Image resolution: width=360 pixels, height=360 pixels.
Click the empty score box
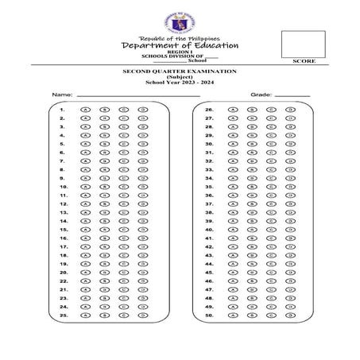coord(303,44)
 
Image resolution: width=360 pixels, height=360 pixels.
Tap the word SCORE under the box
coord(303,61)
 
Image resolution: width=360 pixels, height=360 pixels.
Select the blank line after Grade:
coord(292,95)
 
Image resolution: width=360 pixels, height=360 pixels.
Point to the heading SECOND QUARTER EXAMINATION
coord(179,72)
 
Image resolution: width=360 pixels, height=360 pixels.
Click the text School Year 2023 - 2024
coord(179,82)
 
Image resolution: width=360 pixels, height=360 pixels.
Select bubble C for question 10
coord(122,186)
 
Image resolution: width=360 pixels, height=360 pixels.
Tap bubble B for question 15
coord(103,229)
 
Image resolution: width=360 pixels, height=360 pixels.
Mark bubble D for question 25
coord(141,314)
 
